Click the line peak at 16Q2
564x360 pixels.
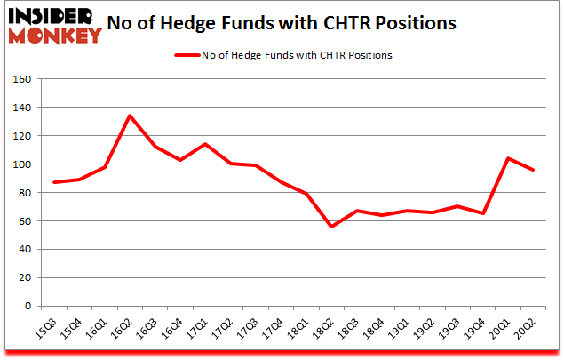coord(130,116)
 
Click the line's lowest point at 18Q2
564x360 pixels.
coord(332,227)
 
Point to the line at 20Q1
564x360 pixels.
coord(509,158)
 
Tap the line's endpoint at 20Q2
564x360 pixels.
coord(534,170)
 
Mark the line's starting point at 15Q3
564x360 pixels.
coord(54,182)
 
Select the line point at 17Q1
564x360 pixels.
coord(205,144)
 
